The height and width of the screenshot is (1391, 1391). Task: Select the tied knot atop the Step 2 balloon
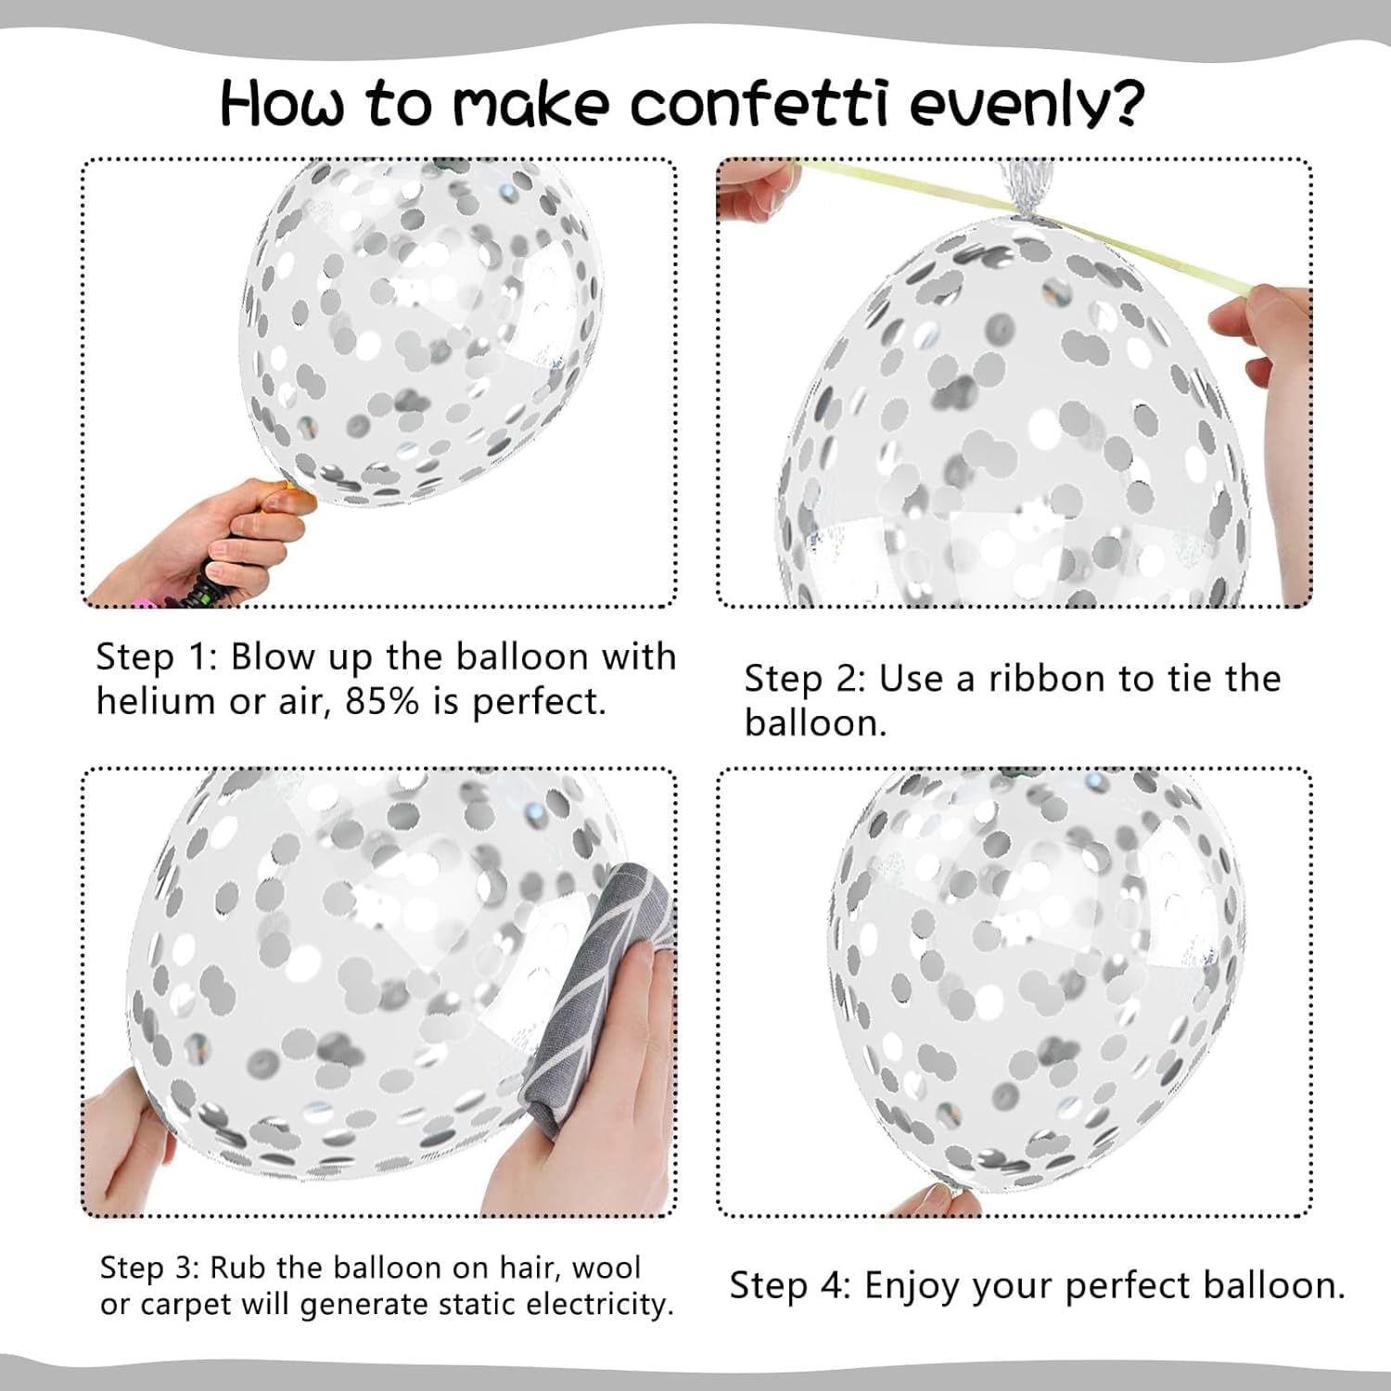point(1020,199)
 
